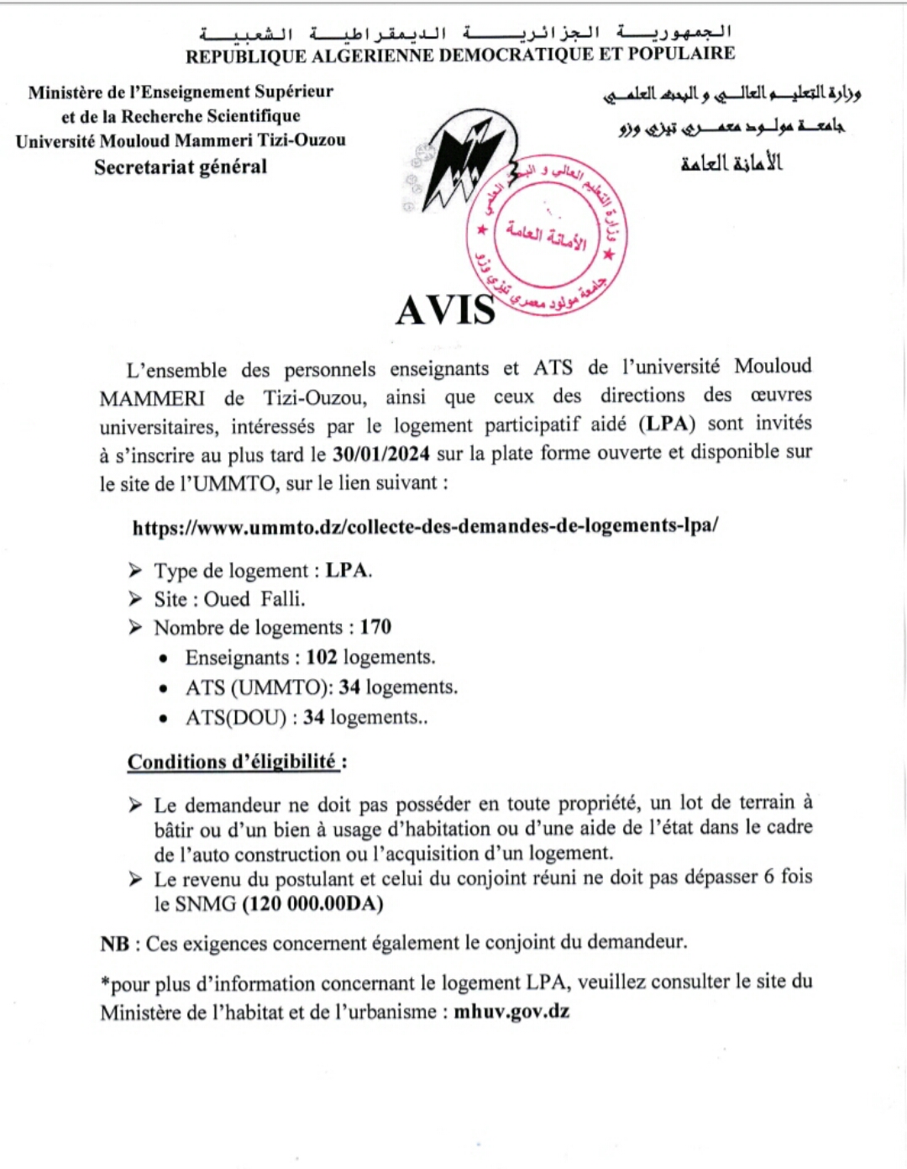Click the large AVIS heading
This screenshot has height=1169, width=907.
click(446, 309)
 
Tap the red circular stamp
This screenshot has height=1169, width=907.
click(546, 234)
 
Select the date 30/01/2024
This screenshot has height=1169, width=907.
click(381, 454)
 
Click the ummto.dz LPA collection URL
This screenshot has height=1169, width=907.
click(425, 526)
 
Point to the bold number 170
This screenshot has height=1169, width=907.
click(375, 627)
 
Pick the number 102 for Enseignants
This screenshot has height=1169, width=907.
click(322, 656)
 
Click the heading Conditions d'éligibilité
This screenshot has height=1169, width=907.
click(232, 761)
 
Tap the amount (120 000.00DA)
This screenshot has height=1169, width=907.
click(312, 903)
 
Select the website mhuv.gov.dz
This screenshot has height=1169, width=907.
click(511, 1011)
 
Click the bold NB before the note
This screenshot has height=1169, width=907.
click(114, 944)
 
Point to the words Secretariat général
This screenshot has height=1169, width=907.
click(181, 166)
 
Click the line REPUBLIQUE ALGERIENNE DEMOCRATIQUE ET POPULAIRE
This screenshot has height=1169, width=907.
click(460, 55)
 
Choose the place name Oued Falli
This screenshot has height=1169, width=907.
click(254, 598)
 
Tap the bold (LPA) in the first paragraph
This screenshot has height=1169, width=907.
click(667, 424)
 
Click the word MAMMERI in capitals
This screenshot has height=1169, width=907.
click(152, 398)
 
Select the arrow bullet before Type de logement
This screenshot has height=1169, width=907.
click(135, 571)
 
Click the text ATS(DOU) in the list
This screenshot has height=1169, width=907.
click(236, 718)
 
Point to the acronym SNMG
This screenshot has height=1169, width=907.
click(206, 903)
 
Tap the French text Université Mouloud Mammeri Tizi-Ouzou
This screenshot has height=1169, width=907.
click(181, 140)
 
